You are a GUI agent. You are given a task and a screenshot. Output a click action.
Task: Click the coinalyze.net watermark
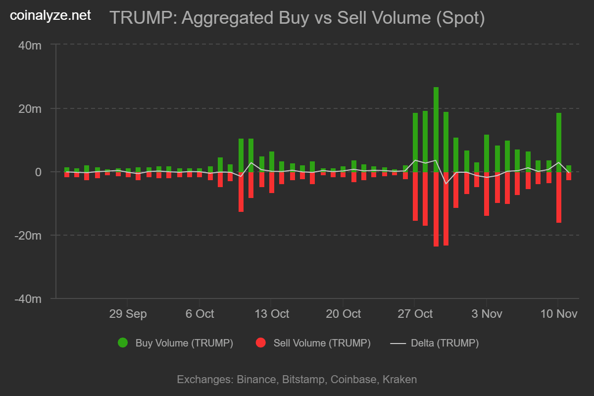(x=51, y=15)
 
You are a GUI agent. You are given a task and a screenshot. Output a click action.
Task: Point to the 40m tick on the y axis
(x=30, y=45)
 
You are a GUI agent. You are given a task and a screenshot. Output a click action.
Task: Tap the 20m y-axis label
(x=30, y=108)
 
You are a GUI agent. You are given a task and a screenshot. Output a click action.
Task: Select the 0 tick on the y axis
(x=38, y=172)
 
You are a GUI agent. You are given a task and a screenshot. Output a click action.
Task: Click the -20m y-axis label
(x=28, y=235)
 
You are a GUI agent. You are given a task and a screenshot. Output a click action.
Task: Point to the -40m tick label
(x=28, y=298)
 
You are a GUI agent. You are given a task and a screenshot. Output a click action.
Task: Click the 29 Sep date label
(x=128, y=314)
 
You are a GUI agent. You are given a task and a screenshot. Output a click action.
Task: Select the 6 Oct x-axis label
(x=199, y=314)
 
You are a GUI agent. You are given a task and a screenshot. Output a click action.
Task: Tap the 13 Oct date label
(x=271, y=314)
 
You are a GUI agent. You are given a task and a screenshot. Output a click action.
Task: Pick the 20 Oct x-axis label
(x=343, y=314)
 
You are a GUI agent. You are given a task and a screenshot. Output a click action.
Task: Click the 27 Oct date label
(x=415, y=314)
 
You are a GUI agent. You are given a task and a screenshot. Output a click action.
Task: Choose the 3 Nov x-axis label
(x=487, y=314)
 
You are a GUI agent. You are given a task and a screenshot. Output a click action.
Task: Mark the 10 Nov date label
(x=558, y=314)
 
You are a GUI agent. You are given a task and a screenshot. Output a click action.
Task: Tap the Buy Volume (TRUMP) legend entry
(x=175, y=343)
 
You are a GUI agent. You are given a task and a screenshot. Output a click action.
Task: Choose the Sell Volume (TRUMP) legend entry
(x=313, y=343)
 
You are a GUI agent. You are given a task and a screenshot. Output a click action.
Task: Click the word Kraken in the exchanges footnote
(x=400, y=380)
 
